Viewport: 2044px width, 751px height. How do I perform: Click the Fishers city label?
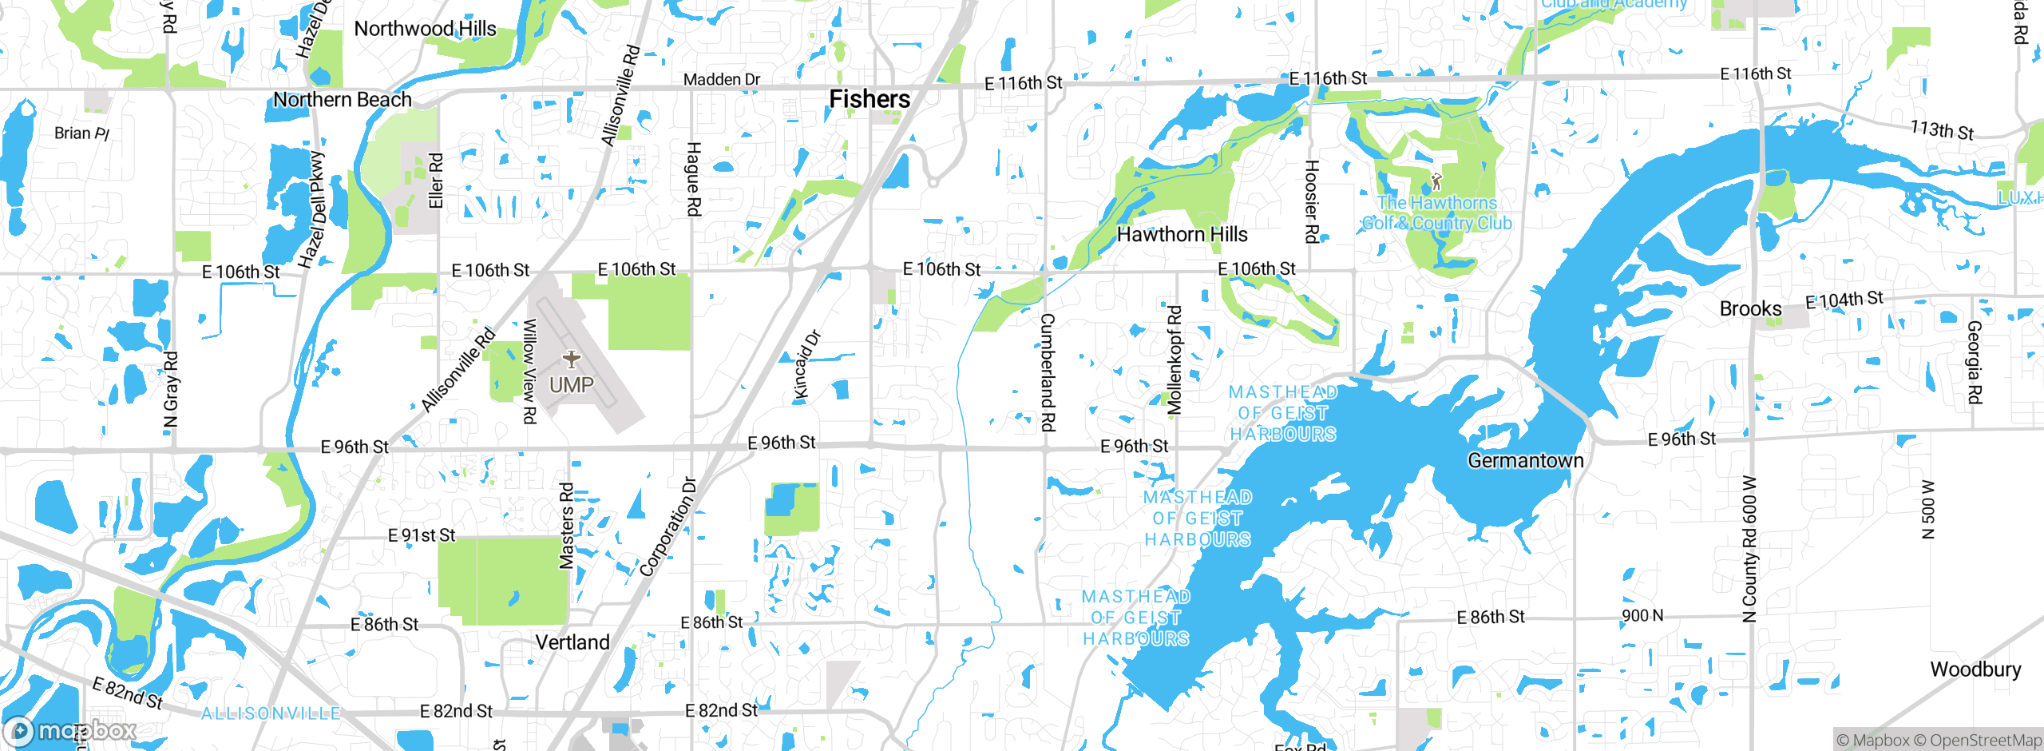(869, 99)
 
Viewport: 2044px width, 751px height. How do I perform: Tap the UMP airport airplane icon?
(572, 359)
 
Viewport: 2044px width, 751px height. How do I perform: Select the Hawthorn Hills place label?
(1182, 234)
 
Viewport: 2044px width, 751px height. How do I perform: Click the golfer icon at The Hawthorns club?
(1436, 181)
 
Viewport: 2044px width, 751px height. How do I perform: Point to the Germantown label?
(1525, 460)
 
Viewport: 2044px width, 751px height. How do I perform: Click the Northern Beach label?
(342, 100)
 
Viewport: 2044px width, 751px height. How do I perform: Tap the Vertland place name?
(572, 642)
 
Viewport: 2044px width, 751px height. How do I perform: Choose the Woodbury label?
(1975, 670)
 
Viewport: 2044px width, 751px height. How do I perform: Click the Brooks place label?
(1750, 308)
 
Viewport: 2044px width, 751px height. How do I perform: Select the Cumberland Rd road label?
(1048, 372)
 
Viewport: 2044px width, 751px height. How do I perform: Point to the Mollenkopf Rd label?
(1174, 360)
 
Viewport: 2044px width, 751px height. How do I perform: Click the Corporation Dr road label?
(667, 527)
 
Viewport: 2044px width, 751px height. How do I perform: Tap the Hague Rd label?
(693, 179)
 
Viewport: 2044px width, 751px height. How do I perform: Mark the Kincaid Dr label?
(806, 365)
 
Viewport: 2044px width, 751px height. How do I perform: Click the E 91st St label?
(421, 534)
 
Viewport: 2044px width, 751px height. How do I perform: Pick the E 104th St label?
(1844, 300)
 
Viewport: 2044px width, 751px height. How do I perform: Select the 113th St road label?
(1941, 129)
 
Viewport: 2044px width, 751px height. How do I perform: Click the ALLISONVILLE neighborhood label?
(271, 713)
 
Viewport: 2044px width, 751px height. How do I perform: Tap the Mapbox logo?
(70, 730)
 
